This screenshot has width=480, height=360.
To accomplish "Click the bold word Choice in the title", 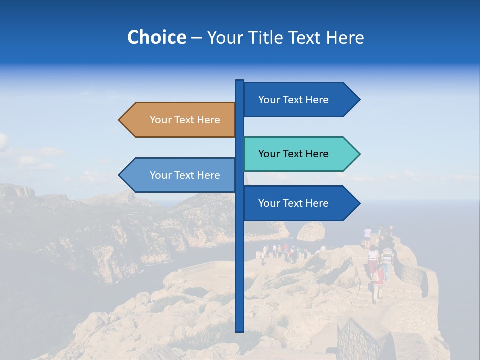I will tap(156, 37).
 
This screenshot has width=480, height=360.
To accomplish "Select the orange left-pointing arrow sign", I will tap(177, 120).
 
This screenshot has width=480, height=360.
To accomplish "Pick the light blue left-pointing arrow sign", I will tap(177, 175).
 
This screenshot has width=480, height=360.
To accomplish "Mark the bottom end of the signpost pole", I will tap(239, 330).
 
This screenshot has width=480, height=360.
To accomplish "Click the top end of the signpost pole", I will tap(239, 81).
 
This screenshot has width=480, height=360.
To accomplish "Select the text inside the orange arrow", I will tap(185, 120).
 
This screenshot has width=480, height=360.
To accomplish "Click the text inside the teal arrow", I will tap(293, 154).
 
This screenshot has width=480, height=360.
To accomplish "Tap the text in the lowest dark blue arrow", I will tap(293, 203).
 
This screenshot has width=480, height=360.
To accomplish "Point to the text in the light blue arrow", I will tap(185, 175).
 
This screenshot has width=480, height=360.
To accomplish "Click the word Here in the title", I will tap(345, 37).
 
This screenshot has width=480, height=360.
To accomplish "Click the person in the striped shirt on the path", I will tap(387, 257).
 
